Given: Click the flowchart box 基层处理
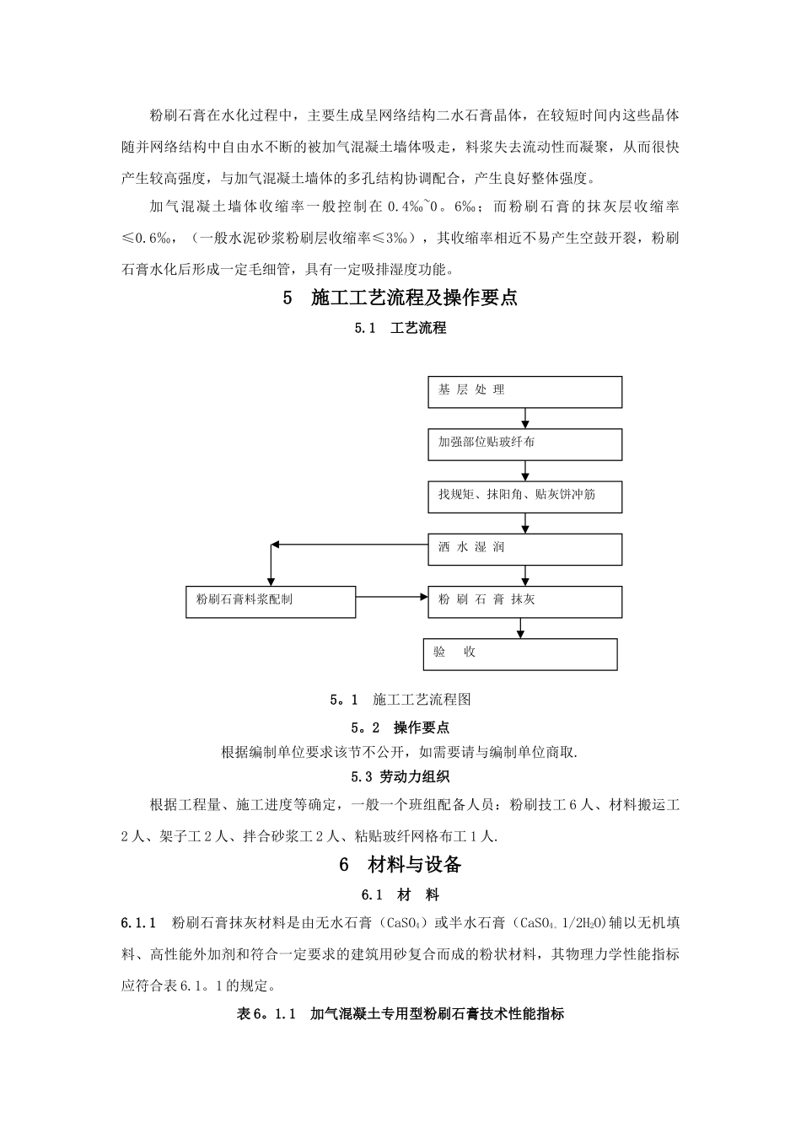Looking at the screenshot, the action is coord(524,392).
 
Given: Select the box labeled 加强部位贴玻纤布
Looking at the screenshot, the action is coord(524,444).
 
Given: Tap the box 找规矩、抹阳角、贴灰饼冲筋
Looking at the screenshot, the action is coord(524,497).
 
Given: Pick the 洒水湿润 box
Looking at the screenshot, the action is coord(524,549).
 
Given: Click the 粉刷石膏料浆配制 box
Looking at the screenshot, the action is coord(270,601).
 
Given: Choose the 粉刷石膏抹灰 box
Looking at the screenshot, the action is coord(524,601).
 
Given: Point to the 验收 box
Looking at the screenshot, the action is coord(520,653).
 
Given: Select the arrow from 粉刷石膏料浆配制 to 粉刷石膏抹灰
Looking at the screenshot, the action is coord(392,596).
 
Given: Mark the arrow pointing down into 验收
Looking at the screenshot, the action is coord(520,628).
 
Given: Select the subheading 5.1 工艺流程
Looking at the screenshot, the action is coord(400,328).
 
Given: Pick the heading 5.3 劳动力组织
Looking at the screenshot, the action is coord(400,776).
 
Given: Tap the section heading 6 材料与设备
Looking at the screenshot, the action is coord(400,864).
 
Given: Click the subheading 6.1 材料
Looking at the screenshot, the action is coord(400,894).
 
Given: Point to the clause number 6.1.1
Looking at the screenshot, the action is coord(139,923).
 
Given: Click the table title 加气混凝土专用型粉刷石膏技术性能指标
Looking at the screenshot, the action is coord(437,1014).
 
